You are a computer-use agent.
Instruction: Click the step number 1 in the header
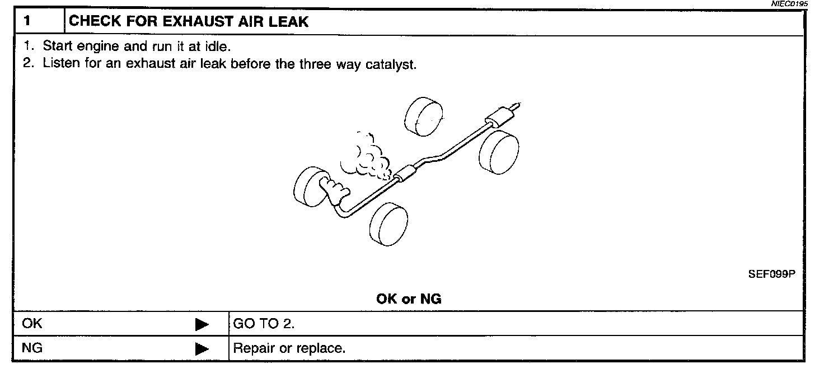(26, 23)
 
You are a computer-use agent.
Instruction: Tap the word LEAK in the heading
(288, 23)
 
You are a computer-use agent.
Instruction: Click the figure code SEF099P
(771, 274)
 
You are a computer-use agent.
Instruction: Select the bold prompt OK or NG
(409, 299)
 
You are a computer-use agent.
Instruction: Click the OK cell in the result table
(32, 324)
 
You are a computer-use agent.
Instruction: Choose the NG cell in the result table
(32, 348)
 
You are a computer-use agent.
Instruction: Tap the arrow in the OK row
(202, 324)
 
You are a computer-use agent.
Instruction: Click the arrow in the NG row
(202, 349)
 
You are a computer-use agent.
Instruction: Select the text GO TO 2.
(264, 324)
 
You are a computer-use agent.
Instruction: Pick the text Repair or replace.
(289, 348)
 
